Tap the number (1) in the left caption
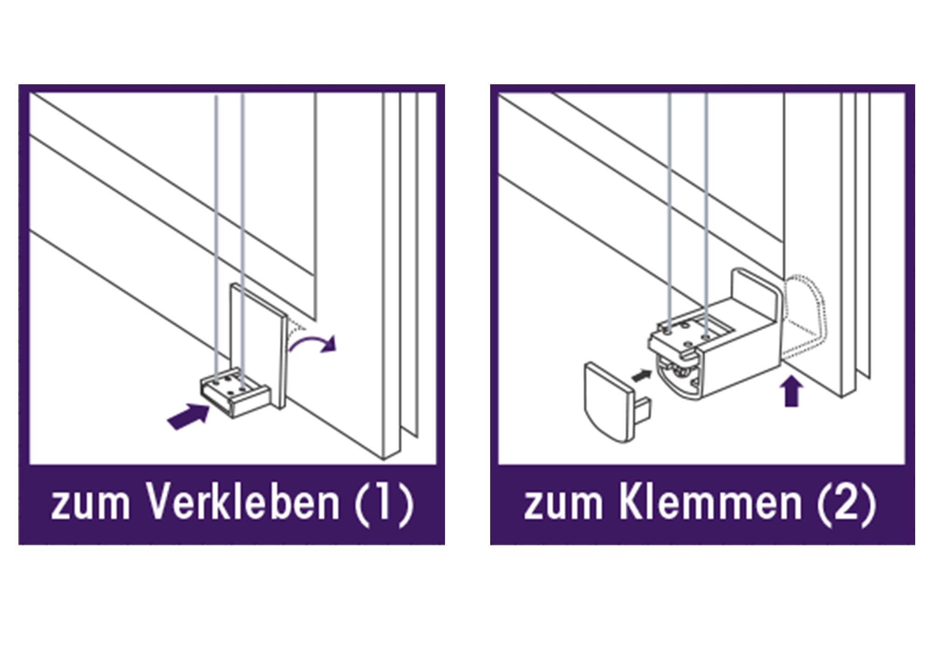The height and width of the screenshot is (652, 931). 384,505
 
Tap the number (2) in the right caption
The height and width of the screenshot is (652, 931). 846,505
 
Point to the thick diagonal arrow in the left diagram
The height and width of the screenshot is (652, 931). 189,416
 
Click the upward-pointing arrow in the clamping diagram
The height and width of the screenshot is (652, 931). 792,391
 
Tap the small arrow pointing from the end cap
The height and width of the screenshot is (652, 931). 641,375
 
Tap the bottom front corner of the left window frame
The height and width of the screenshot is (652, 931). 384,460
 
